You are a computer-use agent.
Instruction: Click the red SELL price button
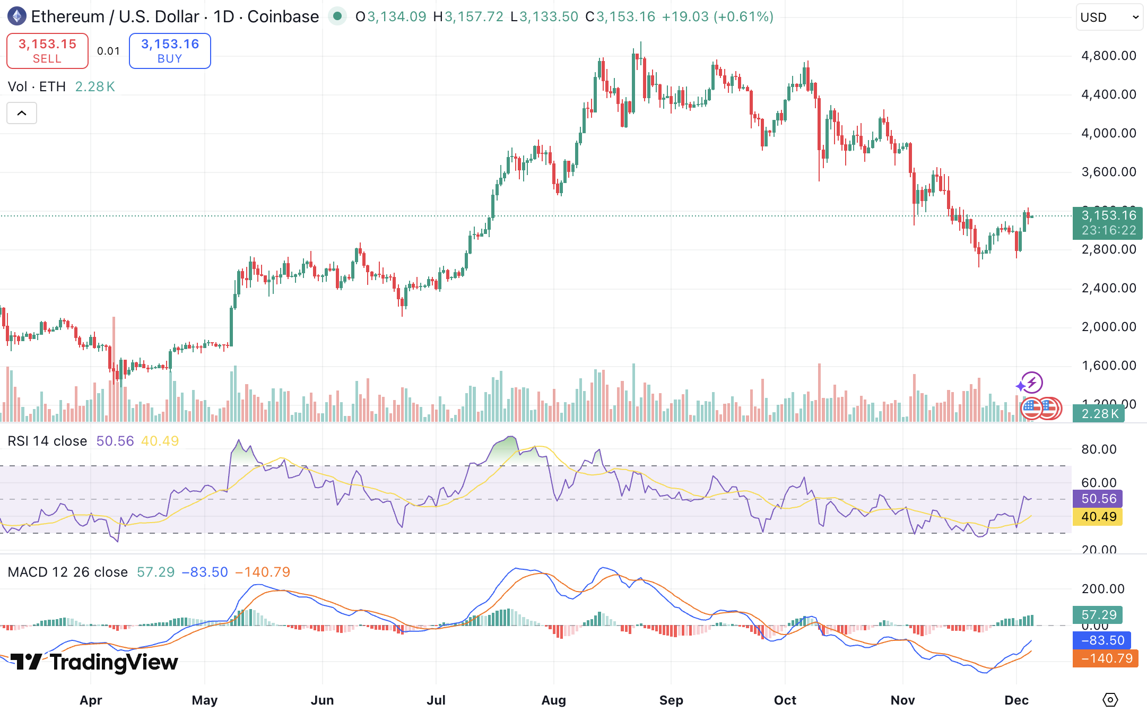[x=47, y=51]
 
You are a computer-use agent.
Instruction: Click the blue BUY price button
[x=170, y=51]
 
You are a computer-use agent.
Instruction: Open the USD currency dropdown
[x=1109, y=18]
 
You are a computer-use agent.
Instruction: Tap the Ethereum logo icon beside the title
[x=16, y=16]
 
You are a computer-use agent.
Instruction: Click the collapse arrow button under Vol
[x=22, y=113]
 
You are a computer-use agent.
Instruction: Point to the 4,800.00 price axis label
[x=1109, y=56]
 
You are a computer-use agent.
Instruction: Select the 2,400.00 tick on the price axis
[x=1109, y=288]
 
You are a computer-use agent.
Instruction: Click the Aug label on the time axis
[x=553, y=700]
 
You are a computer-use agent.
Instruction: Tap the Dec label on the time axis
[x=1016, y=700]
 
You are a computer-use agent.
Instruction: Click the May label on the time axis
[x=205, y=700]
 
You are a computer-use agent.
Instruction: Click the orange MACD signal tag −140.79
[x=1105, y=658]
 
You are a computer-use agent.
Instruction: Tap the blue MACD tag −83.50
[x=1102, y=640]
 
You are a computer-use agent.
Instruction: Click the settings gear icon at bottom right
[x=1110, y=700]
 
